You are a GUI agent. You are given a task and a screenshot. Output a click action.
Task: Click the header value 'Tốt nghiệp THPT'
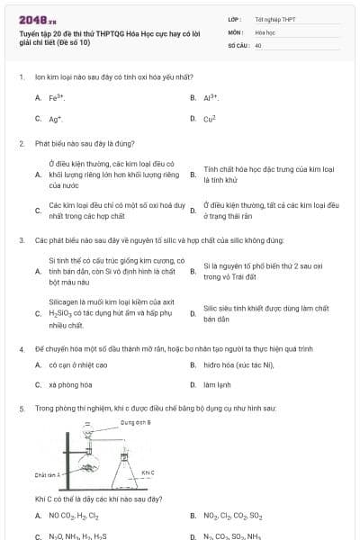(274, 18)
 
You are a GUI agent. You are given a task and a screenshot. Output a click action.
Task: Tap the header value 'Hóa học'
(265, 31)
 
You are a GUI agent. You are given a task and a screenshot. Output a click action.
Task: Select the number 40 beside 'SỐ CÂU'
(258, 44)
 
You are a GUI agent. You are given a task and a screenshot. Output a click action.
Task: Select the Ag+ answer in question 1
(55, 119)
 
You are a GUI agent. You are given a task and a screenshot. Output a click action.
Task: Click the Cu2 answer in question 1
(210, 119)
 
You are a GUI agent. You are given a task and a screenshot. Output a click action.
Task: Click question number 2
(21, 143)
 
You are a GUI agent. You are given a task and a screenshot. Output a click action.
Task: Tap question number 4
(21, 347)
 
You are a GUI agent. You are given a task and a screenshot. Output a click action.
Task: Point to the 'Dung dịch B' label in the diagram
(135, 422)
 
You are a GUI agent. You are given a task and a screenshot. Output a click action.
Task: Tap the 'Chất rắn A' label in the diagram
(47, 474)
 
